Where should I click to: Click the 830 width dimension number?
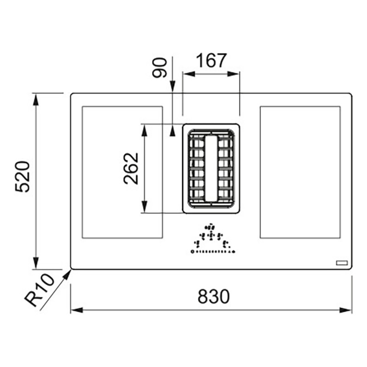pyautogui.click(x=213, y=296)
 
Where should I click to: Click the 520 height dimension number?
pyautogui.click(x=22, y=177)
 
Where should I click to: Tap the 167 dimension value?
pyautogui.click(x=211, y=61)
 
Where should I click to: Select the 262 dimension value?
pyautogui.click(x=131, y=168)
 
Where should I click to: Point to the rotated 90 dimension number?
pyautogui.click(x=160, y=67)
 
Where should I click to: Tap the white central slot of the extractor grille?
pyautogui.click(x=211, y=168)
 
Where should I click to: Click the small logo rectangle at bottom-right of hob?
pyautogui.click(x=342, y=263)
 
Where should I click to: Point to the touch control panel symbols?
pyautogui.click(x=213, y=239)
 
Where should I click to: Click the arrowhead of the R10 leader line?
pyautogui.click(x=67, y=274)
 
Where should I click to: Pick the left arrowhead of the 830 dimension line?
pyautogui.click(x=77, y=310)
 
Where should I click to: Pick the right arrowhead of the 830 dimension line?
pyautogui.click(x=346, y=310)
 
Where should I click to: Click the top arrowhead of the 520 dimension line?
pyautogui.click(x=36, y=99)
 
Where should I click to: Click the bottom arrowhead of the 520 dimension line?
pyautogui.click(x=36, y=263)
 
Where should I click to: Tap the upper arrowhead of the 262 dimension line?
pyautogui.click(x=145, y=130)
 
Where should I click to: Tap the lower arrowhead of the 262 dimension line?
pyautogui.click(x=145, y=207)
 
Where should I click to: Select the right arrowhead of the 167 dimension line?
pyautogui.click(x=233, y=74)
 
